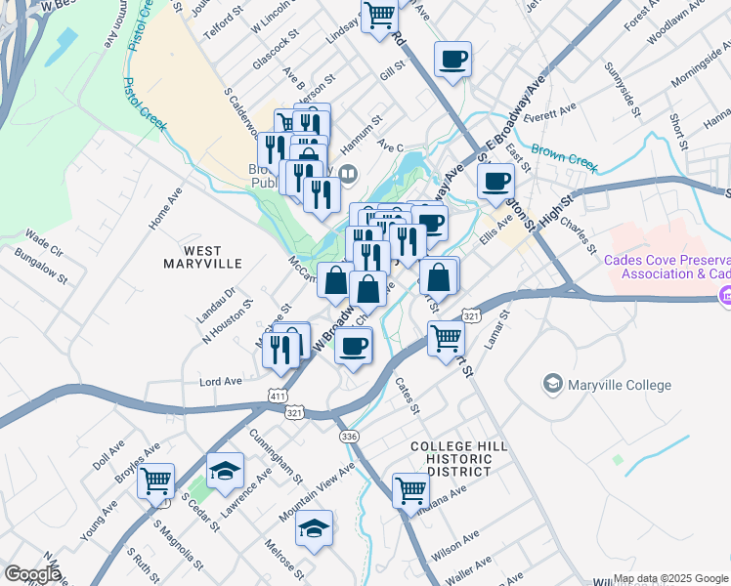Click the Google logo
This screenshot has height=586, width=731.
33,574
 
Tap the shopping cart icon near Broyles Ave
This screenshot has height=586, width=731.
155,481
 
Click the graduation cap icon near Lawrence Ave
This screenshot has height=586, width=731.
225,470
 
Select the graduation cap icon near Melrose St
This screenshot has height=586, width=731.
314,528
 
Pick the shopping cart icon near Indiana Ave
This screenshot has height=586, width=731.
410,488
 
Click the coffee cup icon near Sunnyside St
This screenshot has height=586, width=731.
452,59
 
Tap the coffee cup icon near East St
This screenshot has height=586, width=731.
495,180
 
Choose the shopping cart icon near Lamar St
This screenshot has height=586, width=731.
446,338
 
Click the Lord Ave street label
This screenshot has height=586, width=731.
220,381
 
